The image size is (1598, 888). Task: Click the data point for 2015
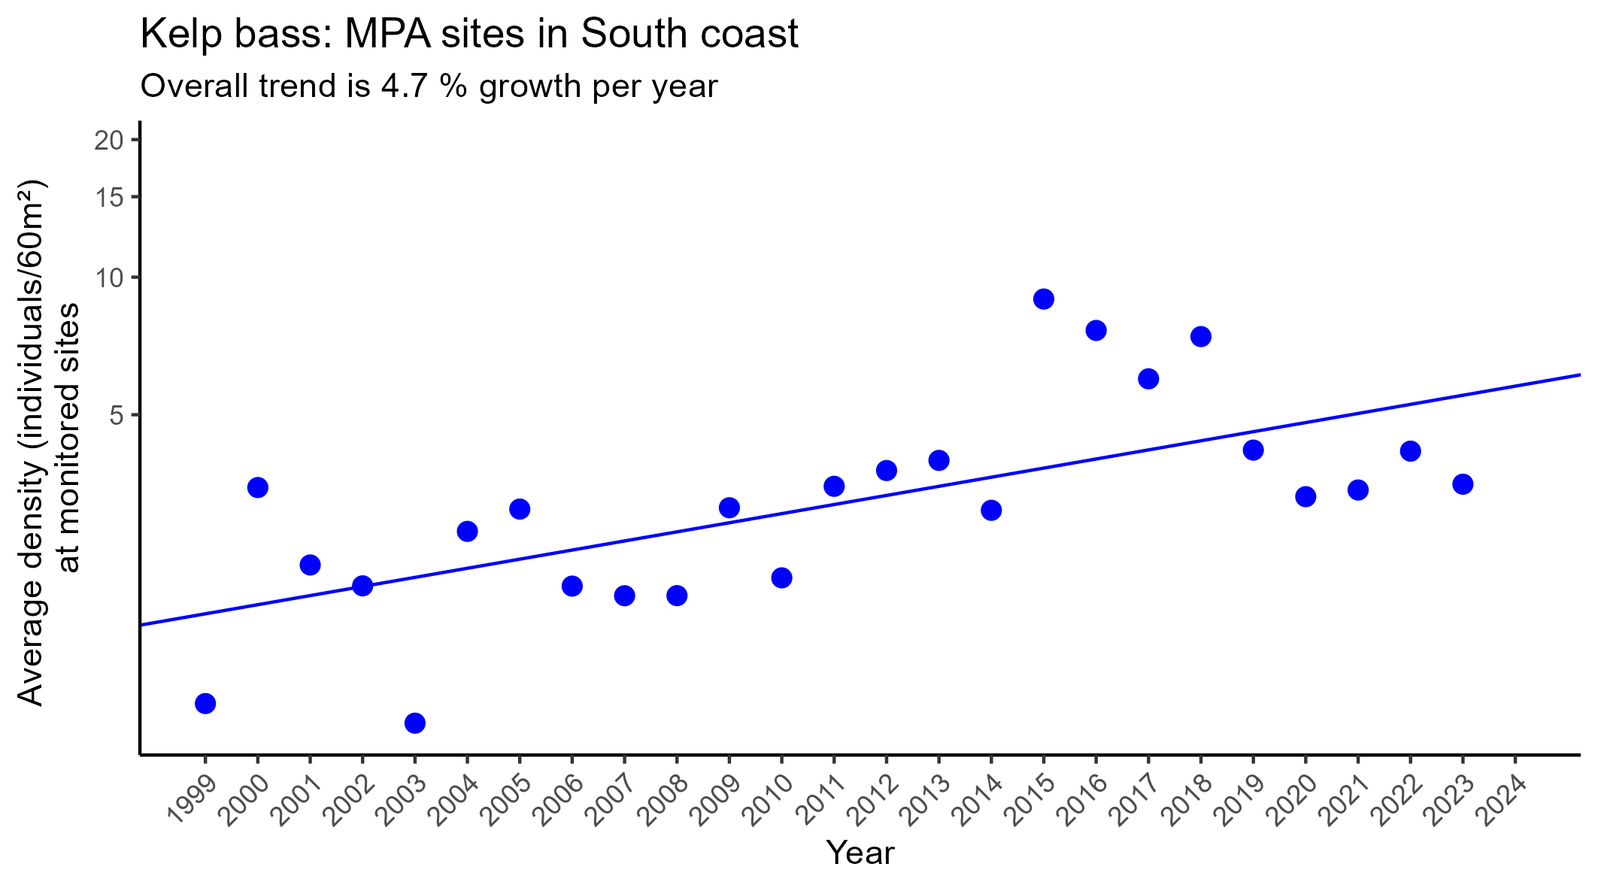click(1043, 299)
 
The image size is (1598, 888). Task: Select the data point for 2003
click(414, 723)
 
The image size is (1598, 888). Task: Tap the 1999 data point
click(205, 704)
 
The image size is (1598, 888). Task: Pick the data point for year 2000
click(257, 488)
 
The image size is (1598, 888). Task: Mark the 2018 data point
click(1200, 336)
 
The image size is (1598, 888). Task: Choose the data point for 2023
click(1462, 484)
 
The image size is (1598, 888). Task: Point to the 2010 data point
click(781, 578)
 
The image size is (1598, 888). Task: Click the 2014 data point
click(991, 511)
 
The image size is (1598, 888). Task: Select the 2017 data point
click(1148, 379)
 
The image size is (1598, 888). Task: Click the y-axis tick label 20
click(108, 141)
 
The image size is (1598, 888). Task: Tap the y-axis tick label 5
click(117, 415)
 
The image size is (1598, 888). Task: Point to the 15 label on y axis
click(108, 198)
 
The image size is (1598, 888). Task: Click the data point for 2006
click(572, 586)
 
